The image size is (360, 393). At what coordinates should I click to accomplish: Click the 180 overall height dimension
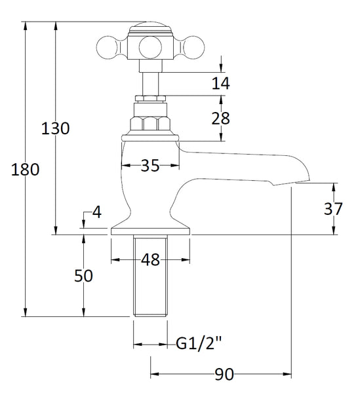[x=26, y=170]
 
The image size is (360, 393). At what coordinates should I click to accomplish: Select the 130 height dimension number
[x=56, y=128]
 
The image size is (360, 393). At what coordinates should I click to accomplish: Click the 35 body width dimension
[x=150, y=166]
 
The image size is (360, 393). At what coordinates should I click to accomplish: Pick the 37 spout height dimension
[x=332, y=209]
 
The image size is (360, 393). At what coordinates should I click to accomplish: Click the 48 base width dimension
[x=150, y=260]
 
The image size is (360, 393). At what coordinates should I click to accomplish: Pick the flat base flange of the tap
[x=150, y=230]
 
